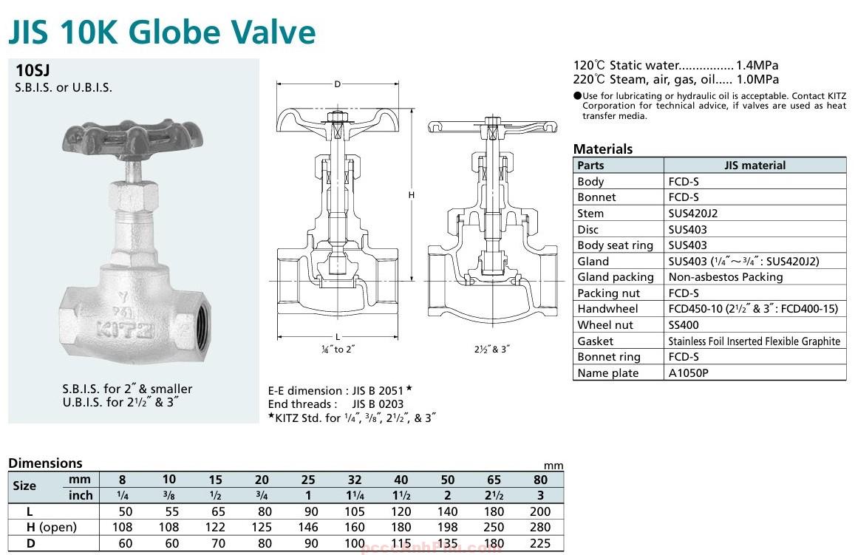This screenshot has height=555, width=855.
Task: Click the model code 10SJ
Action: click(33, 71)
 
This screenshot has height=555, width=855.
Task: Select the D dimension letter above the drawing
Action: click(337, 84)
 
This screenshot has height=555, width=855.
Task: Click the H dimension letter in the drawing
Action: click(412, 195)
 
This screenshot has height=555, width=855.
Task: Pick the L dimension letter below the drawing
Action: click(338, 337)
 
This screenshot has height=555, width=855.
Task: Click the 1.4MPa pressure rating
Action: click(757, 65)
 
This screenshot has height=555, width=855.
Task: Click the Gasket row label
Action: click(596, 341)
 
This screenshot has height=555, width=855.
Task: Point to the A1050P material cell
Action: click(688, 372)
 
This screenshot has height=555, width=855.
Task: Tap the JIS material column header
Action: click(754, 165)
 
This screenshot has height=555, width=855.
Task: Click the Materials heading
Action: click(603, 149)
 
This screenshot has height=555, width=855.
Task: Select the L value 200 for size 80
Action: click(540, 511)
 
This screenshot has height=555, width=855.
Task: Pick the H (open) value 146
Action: click(308, 527)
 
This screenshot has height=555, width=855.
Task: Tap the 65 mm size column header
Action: click(494, 479)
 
